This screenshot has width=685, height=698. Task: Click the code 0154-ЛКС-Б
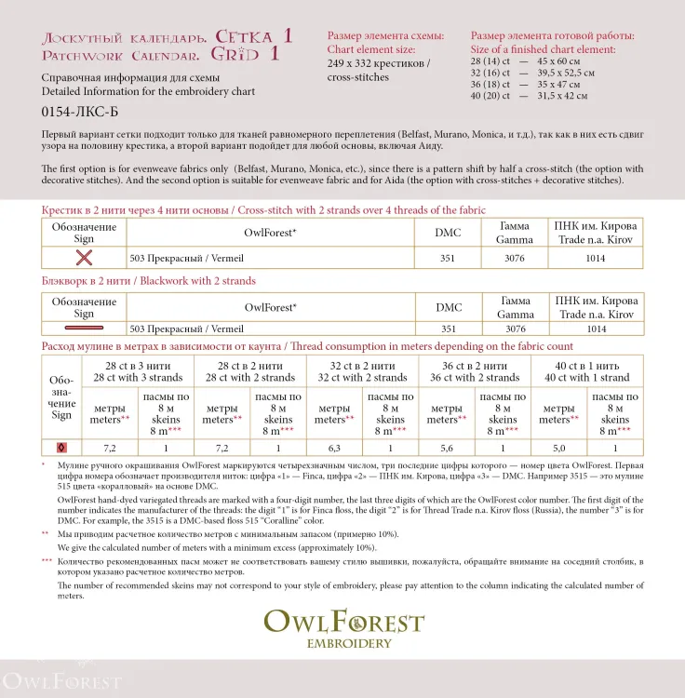74,112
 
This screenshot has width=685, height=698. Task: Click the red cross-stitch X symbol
85,258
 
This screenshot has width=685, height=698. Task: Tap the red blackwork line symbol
85,329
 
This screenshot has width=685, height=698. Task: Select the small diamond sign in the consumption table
62,448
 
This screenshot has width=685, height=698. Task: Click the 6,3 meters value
334,448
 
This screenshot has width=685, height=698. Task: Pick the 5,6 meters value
446,448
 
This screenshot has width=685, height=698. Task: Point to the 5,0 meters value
558,448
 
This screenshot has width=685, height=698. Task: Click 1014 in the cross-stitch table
597,258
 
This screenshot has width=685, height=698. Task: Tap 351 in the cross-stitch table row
449,258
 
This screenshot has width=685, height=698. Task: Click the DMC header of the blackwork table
449,307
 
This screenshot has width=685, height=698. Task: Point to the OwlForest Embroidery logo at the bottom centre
342,629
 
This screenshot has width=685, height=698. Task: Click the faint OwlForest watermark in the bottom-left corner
60,679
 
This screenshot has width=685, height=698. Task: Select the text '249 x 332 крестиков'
378,63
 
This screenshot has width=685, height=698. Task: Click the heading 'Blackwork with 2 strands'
149,281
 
